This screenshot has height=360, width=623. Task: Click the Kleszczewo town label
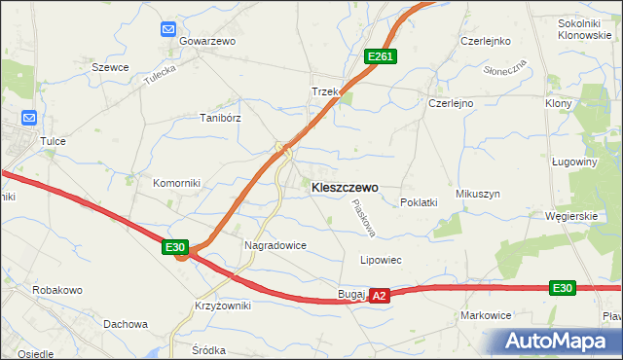point(345,188)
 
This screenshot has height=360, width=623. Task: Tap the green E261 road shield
point(380,58)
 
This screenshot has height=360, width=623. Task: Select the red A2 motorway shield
point(380,295)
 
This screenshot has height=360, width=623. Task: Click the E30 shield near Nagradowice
point(175,248)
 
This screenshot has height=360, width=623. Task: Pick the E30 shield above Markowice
point(562,288)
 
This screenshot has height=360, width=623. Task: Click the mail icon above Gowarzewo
point(169,30)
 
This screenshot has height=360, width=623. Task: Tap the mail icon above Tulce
point(28,119)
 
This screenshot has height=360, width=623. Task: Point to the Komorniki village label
point(176,183)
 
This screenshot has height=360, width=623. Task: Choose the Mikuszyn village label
point(477,194)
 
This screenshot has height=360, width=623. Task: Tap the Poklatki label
point(419,202)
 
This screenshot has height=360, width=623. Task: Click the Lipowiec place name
point(382,261)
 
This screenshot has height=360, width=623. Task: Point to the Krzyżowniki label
point(222,306)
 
